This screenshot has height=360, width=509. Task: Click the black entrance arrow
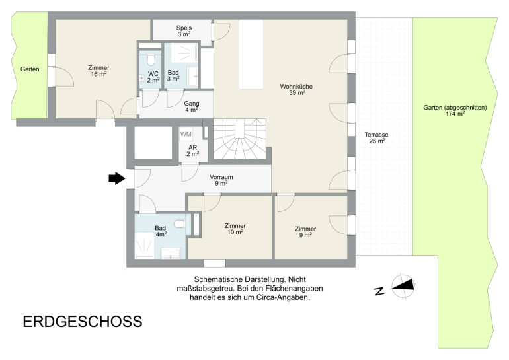117,178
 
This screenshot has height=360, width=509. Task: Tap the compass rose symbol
403,287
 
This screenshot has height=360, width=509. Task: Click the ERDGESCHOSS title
83,322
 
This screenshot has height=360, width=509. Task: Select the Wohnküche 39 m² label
296,90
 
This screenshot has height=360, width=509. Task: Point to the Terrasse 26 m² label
376,138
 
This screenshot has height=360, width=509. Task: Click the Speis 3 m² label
184,31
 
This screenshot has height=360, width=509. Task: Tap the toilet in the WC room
151,59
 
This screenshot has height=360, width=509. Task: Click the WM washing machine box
186,134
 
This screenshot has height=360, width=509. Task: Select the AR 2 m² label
193,151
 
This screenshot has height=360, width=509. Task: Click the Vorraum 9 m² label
221,180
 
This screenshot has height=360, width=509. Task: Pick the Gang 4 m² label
192,107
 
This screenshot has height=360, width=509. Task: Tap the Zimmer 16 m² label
98,71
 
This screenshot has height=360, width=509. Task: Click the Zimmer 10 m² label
235,229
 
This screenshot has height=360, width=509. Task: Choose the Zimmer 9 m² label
305,232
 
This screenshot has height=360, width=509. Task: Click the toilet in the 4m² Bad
179,224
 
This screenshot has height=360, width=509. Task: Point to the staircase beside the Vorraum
239,139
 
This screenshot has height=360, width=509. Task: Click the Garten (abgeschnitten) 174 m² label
455,110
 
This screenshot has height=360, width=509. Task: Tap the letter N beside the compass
379,291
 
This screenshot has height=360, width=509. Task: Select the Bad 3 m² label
173,75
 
